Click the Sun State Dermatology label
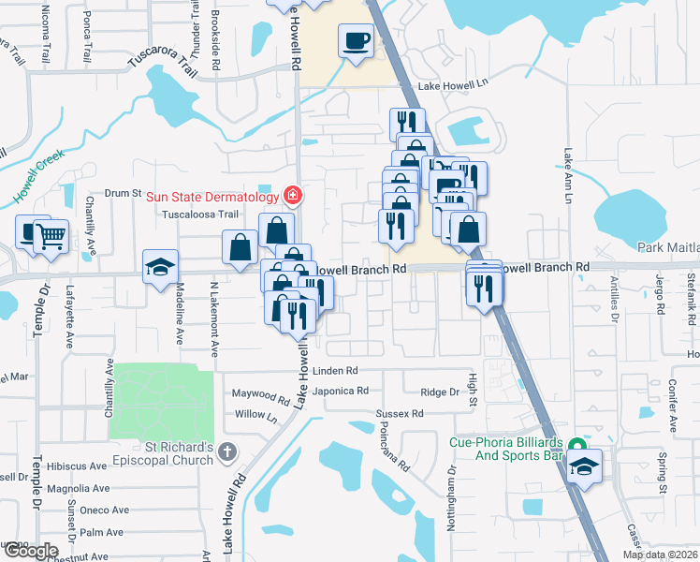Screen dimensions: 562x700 click(212, 197)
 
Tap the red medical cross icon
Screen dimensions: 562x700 click(293, 196)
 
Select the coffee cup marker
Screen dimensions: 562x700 click(357, 41)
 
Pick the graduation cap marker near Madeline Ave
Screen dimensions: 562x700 click(160, 266)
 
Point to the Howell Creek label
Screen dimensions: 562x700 click(38, 175)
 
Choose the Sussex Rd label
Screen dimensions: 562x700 click(399, 413)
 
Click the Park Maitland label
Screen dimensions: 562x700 click(668, 247)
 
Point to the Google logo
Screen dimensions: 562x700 click(30, 551)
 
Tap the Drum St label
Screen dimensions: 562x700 click(122, 194)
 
